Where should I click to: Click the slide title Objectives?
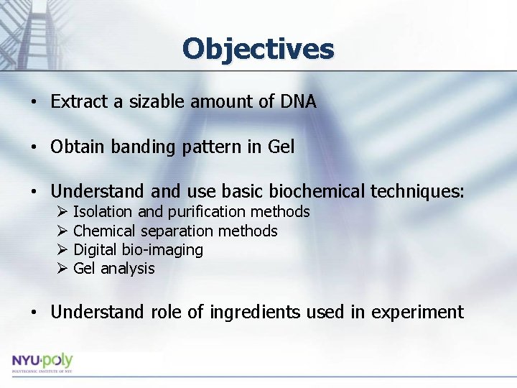pos(258,49)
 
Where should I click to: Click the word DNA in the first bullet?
pos(297,102)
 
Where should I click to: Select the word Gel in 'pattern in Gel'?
pos(281,147)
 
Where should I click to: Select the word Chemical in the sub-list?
pos(104,231)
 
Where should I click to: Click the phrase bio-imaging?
pos(167,250)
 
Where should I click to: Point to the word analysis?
pos(128,269)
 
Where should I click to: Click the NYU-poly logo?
pos(42,362)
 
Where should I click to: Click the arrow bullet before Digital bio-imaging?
pos(62,250)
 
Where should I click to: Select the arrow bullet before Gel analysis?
pos(62,269)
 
